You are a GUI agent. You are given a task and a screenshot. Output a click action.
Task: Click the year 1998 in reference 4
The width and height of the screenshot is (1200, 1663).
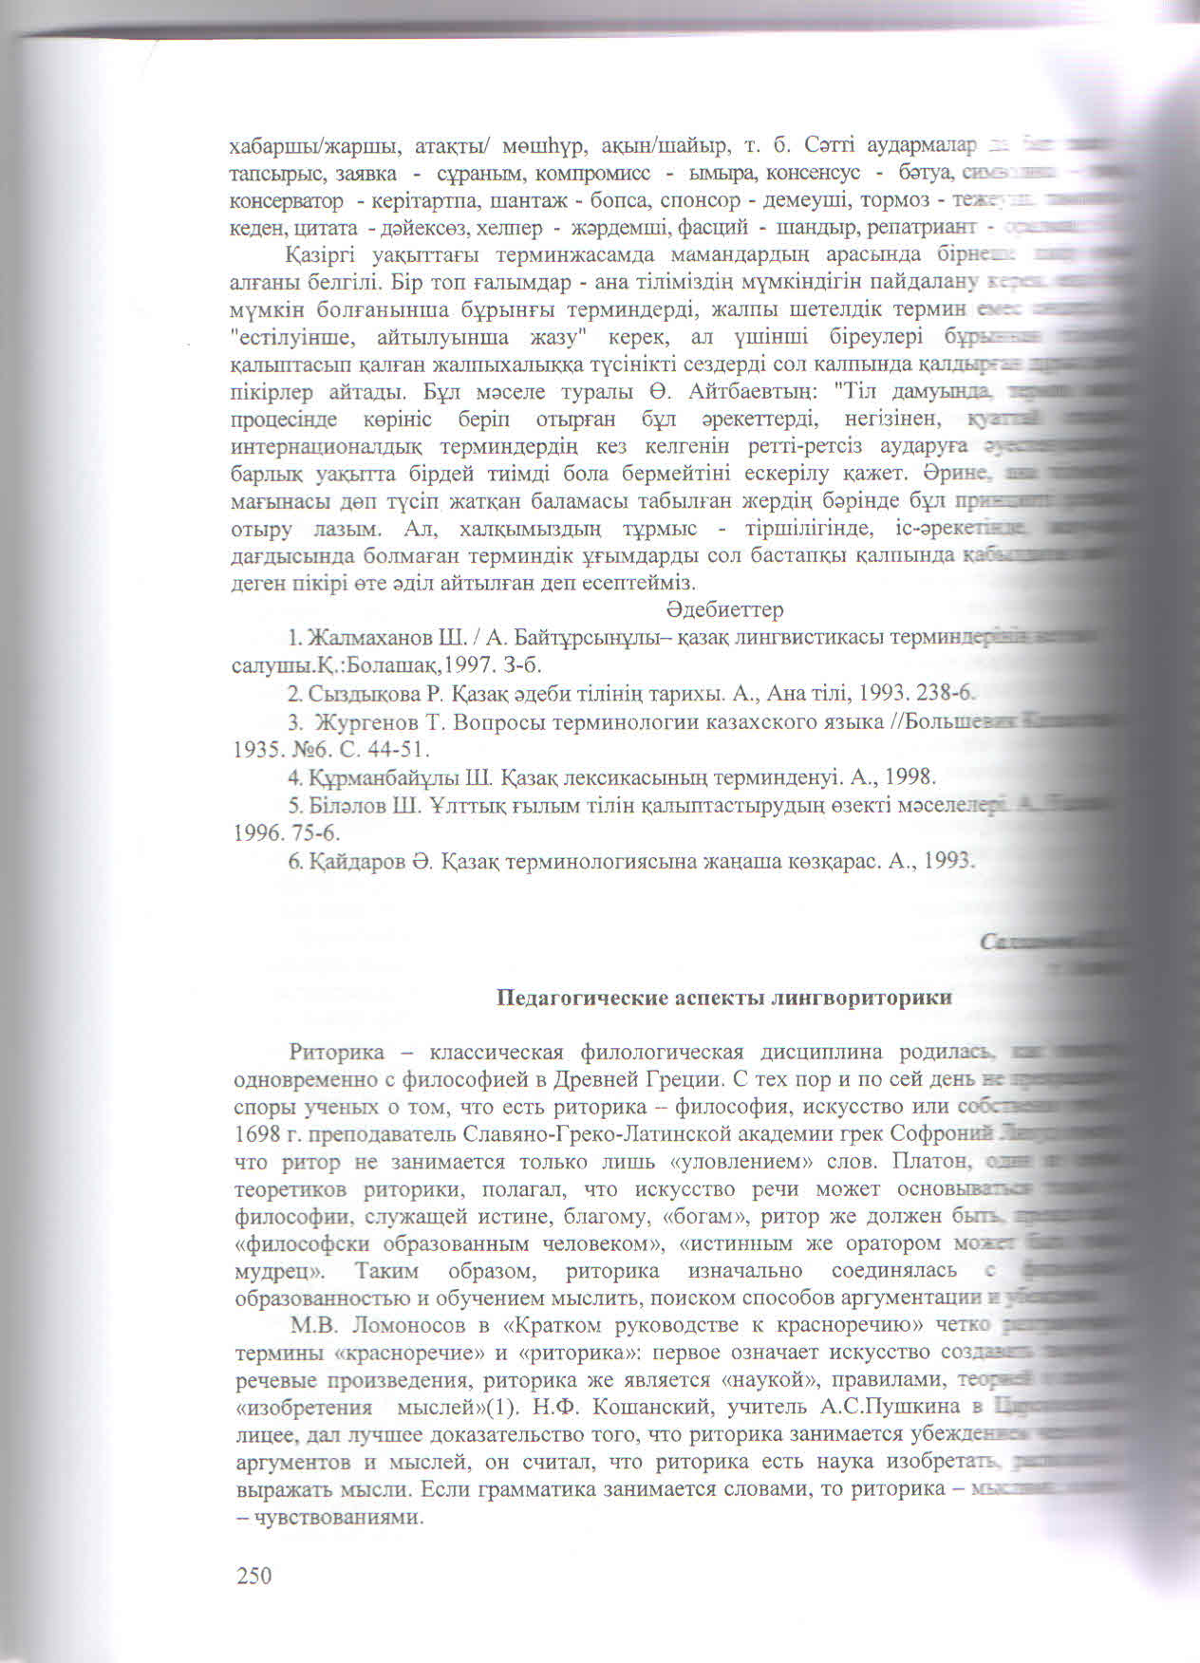coord(909,777)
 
